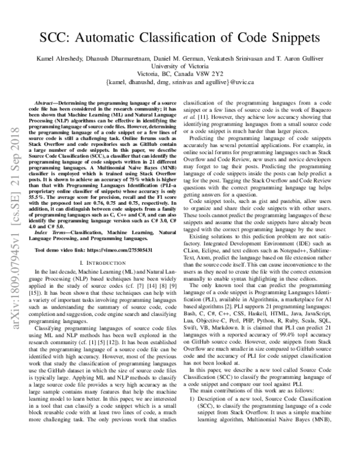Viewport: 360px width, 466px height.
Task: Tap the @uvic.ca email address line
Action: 180,84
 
